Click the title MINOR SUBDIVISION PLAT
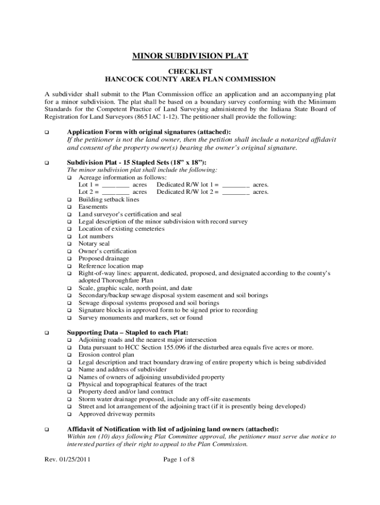pos(190,56)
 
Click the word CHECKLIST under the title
pos(190,71)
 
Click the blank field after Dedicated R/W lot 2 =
pos(236,192)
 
